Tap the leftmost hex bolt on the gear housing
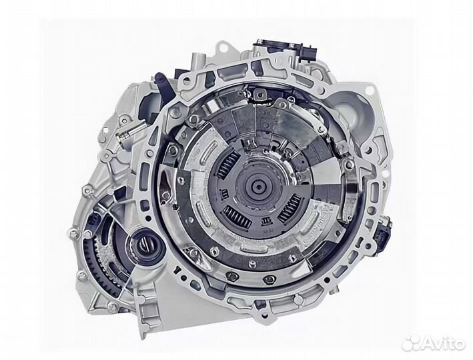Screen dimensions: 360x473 coord(72,233)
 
